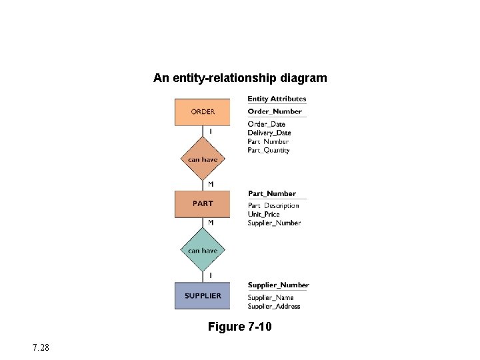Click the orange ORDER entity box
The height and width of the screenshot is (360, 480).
click(x=203, y=112)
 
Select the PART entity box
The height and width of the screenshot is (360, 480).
click(x=203, y=204)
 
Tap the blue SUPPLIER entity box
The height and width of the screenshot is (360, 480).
click(x=203, y=296)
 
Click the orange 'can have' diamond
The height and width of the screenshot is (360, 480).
click(x=203, y=159)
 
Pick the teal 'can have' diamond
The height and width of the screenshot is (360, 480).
click(x=203, y=251)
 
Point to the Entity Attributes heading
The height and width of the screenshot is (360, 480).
click(x=277, y=99)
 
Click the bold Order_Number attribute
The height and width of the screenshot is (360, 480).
click(x=275, y=111)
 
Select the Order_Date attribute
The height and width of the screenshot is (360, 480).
click(x=266, y=124)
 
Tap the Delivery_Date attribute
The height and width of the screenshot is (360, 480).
click(x=269, y=133)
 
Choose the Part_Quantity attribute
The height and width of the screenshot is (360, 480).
click(x=269, y=150)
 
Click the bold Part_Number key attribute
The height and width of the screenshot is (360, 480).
click(x=272, y=193)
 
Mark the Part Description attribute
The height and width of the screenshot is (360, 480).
click(x=273, y=205)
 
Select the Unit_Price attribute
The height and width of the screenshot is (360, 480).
click(x=264, y=214)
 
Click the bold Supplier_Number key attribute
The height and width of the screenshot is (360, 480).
click(x=279, y=285)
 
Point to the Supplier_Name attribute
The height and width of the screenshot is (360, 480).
click(x=271, y=297)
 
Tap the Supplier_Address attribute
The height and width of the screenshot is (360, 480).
click(x=274, y=306)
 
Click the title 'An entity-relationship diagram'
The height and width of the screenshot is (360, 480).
click(x=240, y=78)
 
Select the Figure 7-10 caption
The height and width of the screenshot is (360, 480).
click(x=240, y=327)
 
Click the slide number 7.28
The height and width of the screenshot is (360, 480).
click(x=39, y=347)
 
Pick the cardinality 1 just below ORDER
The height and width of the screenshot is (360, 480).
click(x=211, y=132)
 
